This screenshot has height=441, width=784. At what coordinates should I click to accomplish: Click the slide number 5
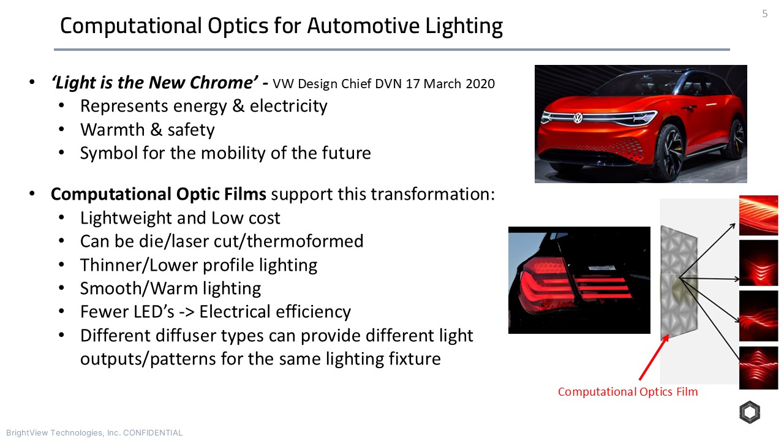click(x=764, y=14)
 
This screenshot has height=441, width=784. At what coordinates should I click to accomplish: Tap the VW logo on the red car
click(x=578, y=118)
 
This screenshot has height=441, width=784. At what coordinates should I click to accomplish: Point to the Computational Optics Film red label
click(x=627, y=392)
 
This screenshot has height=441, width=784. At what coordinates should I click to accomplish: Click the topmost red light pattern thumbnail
click(x=758, y=216)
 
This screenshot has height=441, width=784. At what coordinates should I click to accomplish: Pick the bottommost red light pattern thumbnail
click(x=758, y=368)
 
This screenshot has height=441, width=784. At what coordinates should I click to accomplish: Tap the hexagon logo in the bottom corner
click(x=749, y=413)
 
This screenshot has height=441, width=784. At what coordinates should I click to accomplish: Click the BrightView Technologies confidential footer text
click(x=94, y=433)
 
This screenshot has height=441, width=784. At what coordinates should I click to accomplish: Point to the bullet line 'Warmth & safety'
click(x=147, y=130)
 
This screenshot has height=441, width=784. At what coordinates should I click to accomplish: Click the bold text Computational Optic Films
click(x=158, y=194)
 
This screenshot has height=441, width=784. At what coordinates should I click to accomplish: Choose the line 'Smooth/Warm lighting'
click(x=170, y=288)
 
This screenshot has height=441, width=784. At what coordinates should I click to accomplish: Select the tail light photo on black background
click(x=579, y=280)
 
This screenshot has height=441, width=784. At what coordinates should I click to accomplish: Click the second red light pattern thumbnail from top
click(x=758, y=263)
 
